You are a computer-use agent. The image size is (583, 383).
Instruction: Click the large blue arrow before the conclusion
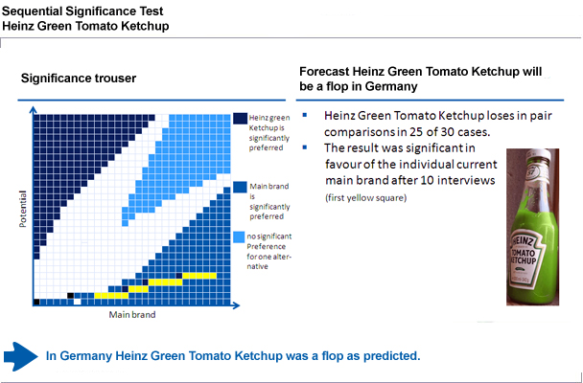coord(20,356)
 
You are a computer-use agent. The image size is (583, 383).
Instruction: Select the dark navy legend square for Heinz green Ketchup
coord(240,119)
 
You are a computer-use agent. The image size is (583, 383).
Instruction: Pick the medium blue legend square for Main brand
coord(240,187)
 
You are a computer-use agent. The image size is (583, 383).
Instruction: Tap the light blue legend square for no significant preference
coord(239,237)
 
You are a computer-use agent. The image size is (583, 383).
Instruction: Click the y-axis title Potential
coord(23,209)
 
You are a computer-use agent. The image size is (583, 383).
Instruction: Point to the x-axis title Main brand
coord(132,315)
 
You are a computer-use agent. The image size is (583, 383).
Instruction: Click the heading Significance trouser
coord(79,79)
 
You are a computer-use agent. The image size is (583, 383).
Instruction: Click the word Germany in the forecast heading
coord(391,86)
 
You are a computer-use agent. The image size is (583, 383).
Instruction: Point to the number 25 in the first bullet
coord(417,132)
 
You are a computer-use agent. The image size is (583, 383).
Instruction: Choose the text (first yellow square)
coord(366,198)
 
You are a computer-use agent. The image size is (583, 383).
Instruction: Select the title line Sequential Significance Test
coord(82,11)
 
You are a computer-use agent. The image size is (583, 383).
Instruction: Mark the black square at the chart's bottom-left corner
coord(36,302)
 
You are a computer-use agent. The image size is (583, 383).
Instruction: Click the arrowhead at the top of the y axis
coord(34,110)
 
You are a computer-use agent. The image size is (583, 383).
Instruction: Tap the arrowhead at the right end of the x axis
coord(236,305)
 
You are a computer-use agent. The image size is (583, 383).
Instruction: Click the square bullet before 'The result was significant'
coord(305,147)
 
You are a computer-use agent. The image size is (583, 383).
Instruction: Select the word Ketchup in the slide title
coord(146,26)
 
